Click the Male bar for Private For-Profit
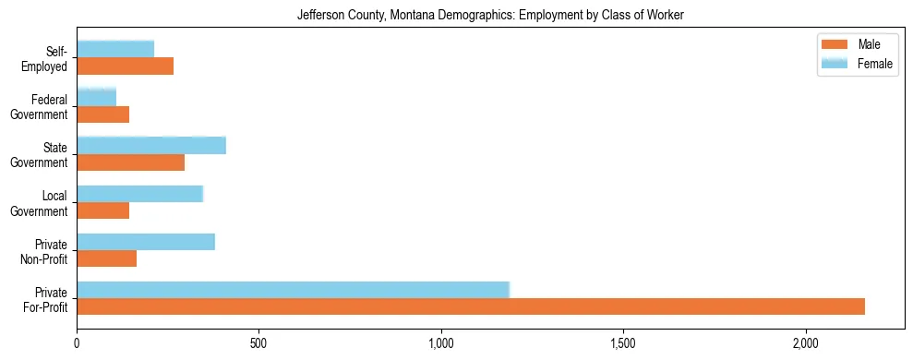point(471,306)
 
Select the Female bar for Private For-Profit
point(293,290)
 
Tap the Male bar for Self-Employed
point(125,66)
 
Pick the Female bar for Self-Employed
point(115,49)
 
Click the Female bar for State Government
point(151,145)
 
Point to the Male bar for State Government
point(130,162)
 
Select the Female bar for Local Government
point(139,194)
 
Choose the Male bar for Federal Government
point(102,114)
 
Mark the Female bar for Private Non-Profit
point(146,242)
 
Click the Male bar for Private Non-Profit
point(106,258)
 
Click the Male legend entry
point(868,45)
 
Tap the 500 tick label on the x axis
point(258,343)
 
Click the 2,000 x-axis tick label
point(806,343)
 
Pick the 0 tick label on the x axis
point(77,343)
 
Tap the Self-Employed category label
point(45,59)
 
